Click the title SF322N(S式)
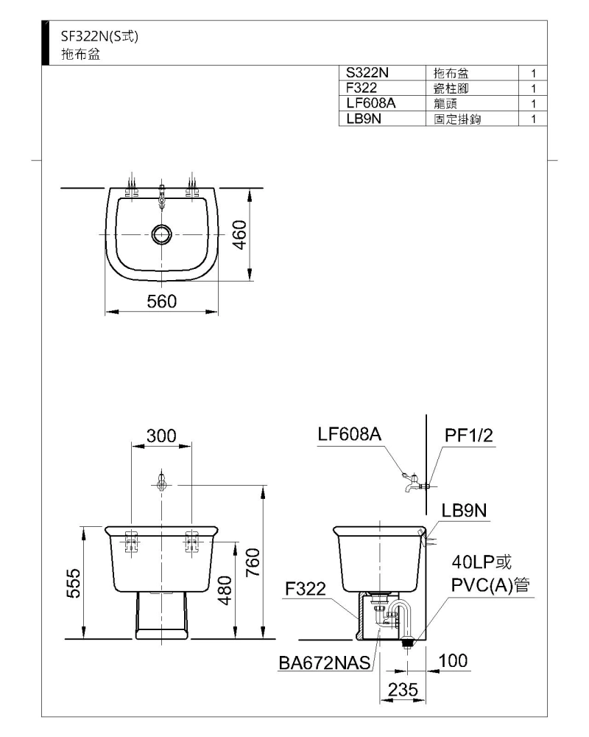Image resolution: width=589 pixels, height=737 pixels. pyautogui.click(x=99, y=36)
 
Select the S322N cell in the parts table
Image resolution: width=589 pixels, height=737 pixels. pyautogui.click(x=367, y=73)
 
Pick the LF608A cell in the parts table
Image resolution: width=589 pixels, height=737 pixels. pyautogui.click(x=371, y=103)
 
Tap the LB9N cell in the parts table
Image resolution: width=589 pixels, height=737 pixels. pyautogui.click(x=364, y=119)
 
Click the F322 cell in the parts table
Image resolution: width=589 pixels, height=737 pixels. pyautogui.click(x=361, y=88)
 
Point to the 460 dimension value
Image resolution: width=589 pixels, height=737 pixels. pyautogui.click(x=239, y=235)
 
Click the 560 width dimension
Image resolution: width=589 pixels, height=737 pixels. pyautogui.click(x=161, y=301)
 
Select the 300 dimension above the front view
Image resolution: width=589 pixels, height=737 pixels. pyautogui.click(x=161, y=436)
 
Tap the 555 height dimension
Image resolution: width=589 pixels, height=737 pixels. pyautogui.click(x=74, y=583)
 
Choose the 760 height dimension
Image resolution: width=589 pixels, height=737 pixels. pyautogui.click(x=253, y=562)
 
